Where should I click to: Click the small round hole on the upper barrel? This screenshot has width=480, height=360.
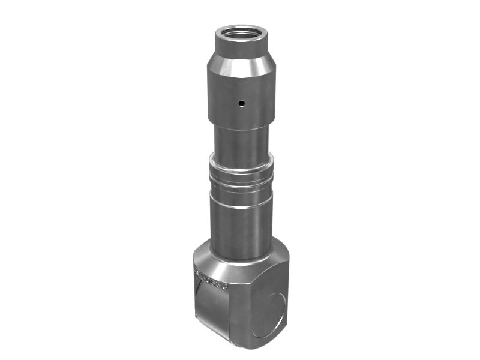pos(241,103)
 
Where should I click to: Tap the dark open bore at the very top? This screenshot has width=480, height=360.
pos(241,34)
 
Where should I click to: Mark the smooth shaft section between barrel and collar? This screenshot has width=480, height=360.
pos(241,141)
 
